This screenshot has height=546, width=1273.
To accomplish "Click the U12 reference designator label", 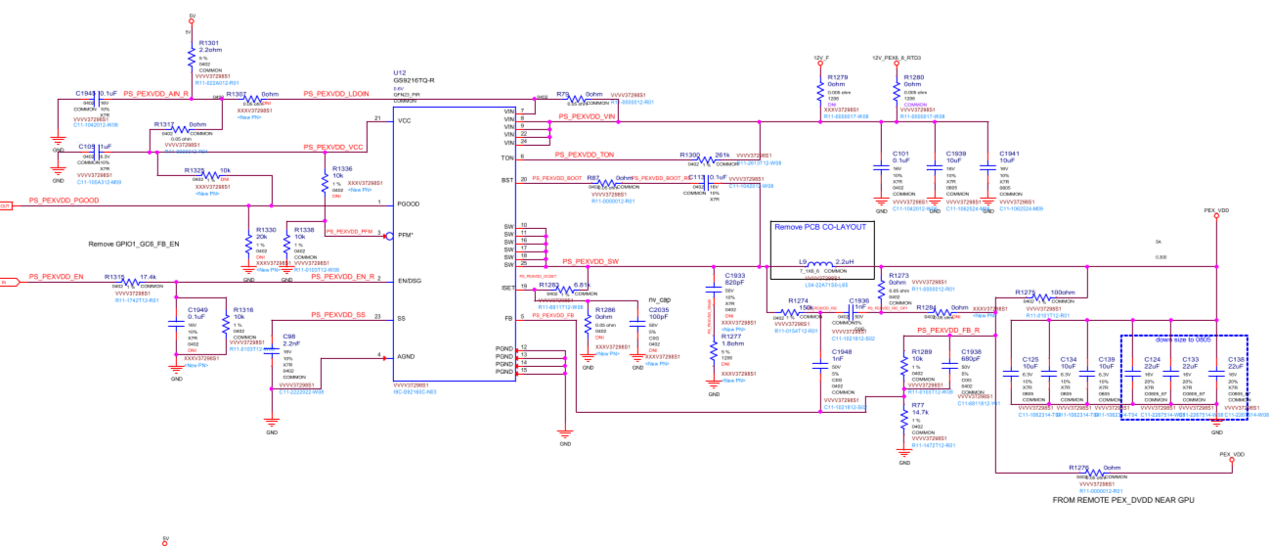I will [399, 72].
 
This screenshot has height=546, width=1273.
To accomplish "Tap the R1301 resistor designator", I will [209, 43].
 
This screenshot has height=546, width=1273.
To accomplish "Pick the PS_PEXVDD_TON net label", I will [585, 155].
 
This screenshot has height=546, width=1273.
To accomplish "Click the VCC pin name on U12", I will [404, 121].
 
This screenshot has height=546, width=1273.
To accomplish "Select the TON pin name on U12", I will [507, 158].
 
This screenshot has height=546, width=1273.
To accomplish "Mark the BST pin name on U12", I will [507, 180].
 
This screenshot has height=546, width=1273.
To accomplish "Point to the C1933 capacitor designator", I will [735, 276].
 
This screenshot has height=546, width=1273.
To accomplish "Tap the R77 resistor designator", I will [917, 404].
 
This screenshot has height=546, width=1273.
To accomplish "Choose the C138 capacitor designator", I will [1236, 359].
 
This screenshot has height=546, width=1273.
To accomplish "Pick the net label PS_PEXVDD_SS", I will [338, 315].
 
